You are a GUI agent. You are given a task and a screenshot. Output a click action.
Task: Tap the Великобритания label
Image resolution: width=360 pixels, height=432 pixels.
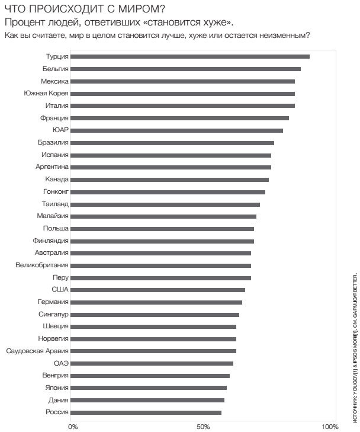(42, 265)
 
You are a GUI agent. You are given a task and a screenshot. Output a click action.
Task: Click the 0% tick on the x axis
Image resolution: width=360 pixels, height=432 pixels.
(73, 427)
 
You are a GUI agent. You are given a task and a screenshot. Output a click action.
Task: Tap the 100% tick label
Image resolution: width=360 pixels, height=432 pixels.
(329, 427)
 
